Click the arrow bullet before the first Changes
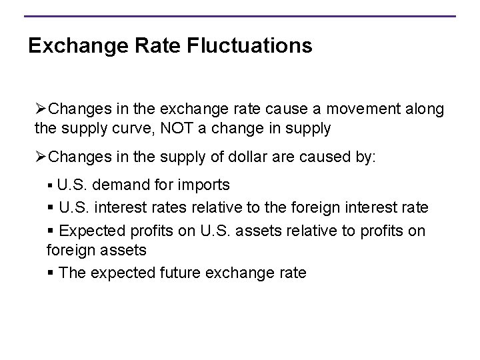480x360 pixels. pyautogui.click(x=41, y=108)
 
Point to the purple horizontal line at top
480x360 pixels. pyautogui.click(x=240, y=16)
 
